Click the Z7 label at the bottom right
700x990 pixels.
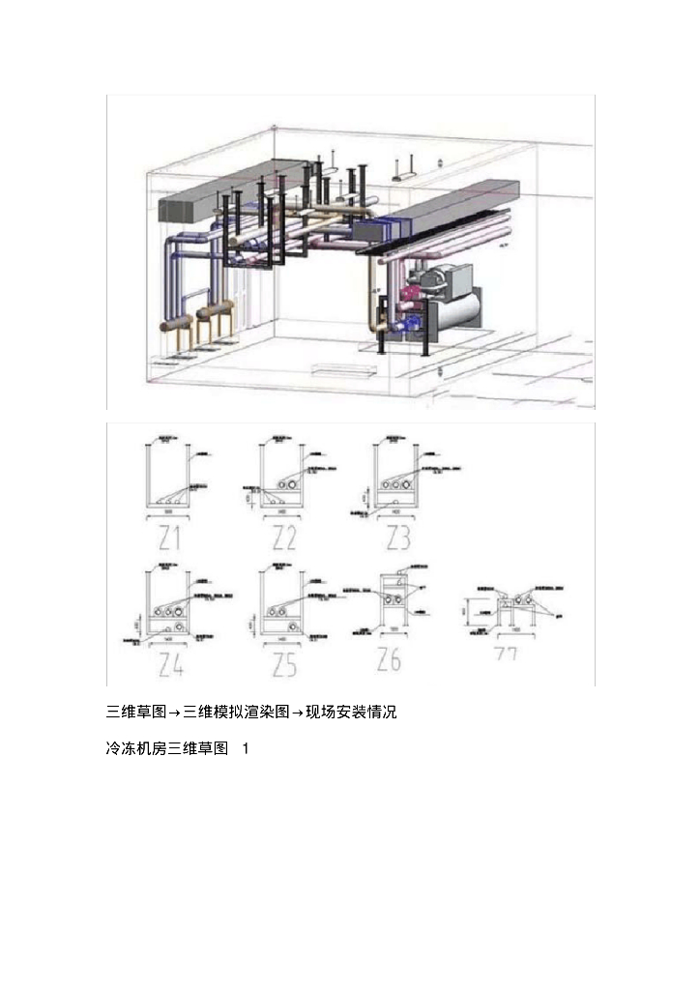tap(507, 655)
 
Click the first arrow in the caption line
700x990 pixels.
tap(175, 713)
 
